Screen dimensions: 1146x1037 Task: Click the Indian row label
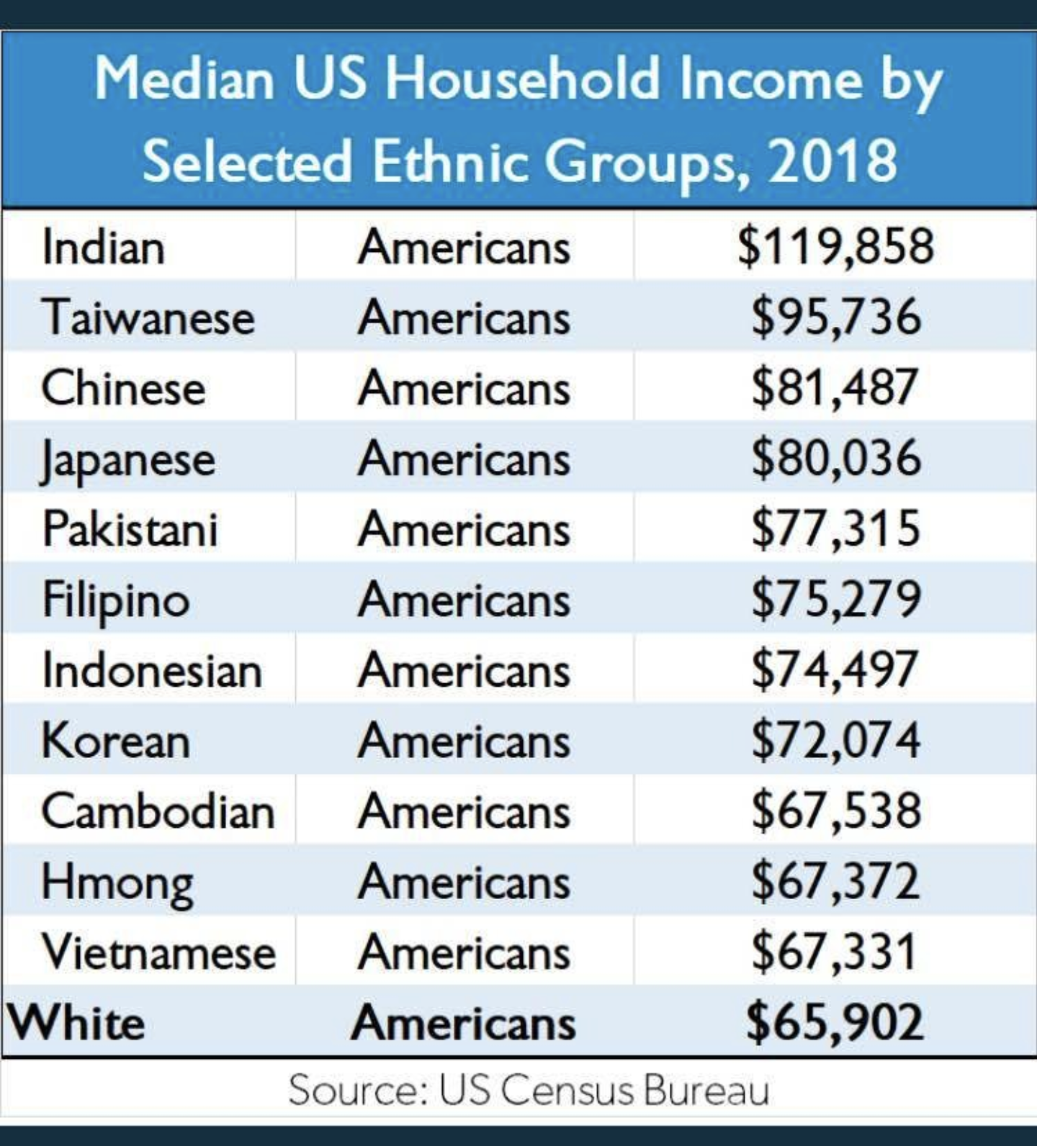104,247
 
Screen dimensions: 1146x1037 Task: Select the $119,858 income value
835,245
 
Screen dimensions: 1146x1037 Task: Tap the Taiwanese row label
148,317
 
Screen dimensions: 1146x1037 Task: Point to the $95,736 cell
835,316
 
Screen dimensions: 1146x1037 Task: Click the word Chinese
123,388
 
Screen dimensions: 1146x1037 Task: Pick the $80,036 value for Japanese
835,458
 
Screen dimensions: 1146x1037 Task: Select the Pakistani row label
130,529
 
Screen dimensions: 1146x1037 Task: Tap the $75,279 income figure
835,599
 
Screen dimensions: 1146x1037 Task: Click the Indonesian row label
152,670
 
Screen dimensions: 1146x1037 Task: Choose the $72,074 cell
835,740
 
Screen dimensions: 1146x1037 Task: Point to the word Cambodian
158,811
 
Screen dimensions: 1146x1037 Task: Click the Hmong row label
117,882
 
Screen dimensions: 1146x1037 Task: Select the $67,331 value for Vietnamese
833,952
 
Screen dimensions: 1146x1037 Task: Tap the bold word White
76,1022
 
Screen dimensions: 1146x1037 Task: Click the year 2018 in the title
832,160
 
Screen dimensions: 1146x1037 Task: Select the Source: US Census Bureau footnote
529,1090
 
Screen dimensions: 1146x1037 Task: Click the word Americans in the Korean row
464,741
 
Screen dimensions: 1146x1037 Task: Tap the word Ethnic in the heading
451,160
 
